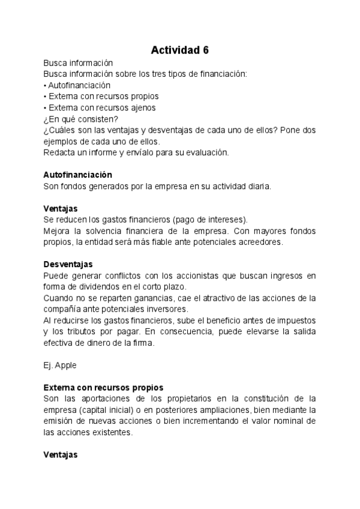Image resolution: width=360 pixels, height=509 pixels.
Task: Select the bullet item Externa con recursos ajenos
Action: [x=100, y=107]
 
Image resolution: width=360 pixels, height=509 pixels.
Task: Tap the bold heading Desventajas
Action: [x=68, y=264]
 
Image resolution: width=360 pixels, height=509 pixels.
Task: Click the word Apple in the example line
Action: [x=65, y=365]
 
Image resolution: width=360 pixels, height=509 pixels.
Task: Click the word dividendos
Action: [x=95, y=287]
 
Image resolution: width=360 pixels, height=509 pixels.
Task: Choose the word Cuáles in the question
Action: [x=63, y=130]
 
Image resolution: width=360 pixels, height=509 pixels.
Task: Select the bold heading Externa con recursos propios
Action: [x=103, y=387]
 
